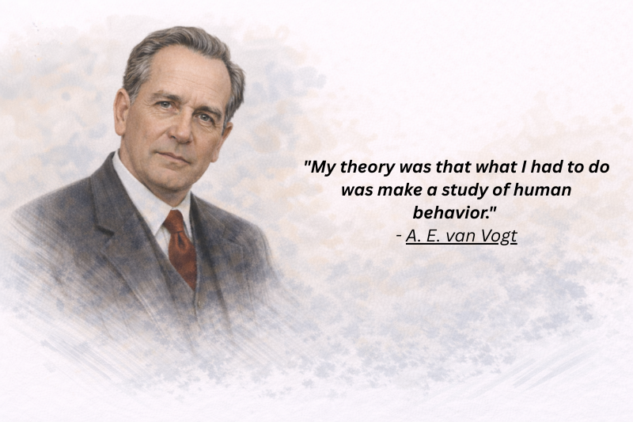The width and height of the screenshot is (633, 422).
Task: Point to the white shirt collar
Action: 150,198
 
